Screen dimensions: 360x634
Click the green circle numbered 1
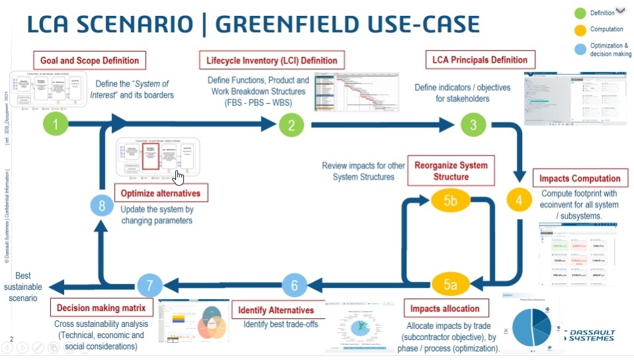pos(56,123)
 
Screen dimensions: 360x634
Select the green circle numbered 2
pos(291,123)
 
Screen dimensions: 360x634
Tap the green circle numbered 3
pos(473,123)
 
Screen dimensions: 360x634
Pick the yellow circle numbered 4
pos(520,198)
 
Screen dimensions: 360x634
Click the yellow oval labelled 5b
pos(450,201)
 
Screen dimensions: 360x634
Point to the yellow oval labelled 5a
pos(450,285)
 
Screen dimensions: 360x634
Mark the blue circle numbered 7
pos(150,285)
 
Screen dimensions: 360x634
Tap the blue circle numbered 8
pos(102,206)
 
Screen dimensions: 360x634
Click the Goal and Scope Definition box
pos(89,60)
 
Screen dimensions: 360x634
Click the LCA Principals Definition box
pos(480,60)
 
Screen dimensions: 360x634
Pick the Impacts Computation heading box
pos(580,178)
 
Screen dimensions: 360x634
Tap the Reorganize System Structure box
pos(451,171)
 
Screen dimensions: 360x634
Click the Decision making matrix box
pos(101,308)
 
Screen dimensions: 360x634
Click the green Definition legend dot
pos(580,13)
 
